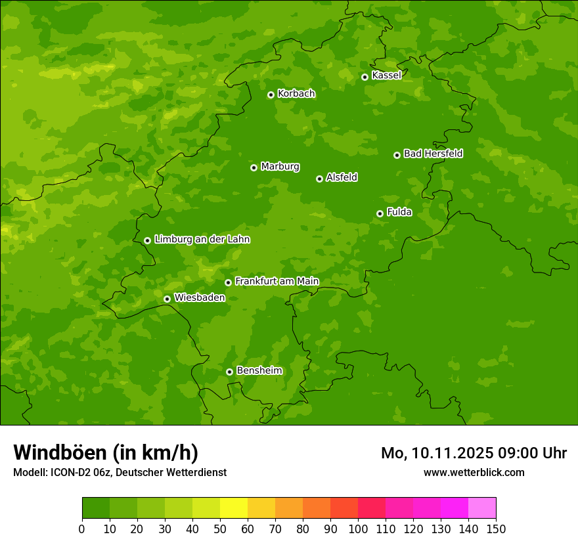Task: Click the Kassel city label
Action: pyautogui.click(x=386, y=76)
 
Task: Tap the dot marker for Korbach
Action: pyautogui.click(x=271, y=95)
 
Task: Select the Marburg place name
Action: pyautogui.click(x=280, y=167)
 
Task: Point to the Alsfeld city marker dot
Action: pyautogui.click(x=319, y=179)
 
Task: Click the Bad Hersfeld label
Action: pyautogui.click(x=433, y=154)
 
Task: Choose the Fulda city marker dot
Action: pyautogui.click(x=380, y=213)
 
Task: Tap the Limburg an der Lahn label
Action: pyautogui.click(x=202, y=240)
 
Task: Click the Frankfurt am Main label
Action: pyautogui.click(x=277, y=281)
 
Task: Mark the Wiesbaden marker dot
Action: pyautogui.click(x=167, y=299)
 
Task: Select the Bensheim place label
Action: pyautogui.click(x=259, y=370)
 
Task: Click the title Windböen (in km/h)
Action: pyautogui.click(x=106, y=452)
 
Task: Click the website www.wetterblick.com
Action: pyautogui.click(x=474, y=472)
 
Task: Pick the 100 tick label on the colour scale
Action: pyautogui.click(x=358, y=529)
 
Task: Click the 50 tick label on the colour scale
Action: pyautogui.click(x=220, y=529)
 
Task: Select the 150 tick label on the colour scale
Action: pyautogui.click(x=496, y=529)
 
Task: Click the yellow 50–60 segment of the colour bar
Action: pyautogui.click(x=234, y=508)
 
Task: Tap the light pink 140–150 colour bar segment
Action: pyautogui.click(x=482, y=508)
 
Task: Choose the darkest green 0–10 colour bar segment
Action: pyautogui.click(x=96, y=508)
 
